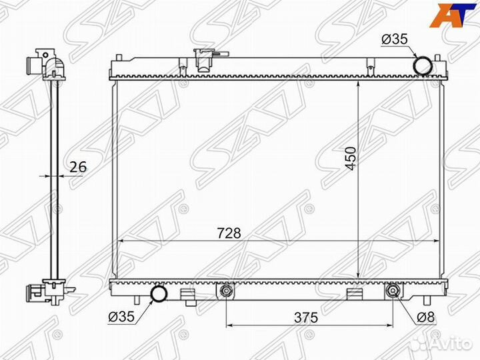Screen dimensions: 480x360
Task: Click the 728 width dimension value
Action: click(x=229, y=233)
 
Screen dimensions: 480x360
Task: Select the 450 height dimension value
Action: click(x=351, y=159)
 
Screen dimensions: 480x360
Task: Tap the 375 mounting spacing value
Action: click(x=306, y=317)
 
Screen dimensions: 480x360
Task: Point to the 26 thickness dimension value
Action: click(x=79, y=167)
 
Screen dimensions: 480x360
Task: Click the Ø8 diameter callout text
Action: click(x=426, y=317)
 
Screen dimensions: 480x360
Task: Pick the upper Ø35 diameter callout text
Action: click(x=395, y=39)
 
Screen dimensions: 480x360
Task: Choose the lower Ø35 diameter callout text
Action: click(x=121, y=317)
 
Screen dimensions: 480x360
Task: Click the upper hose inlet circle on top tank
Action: click(x=423, y=65)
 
